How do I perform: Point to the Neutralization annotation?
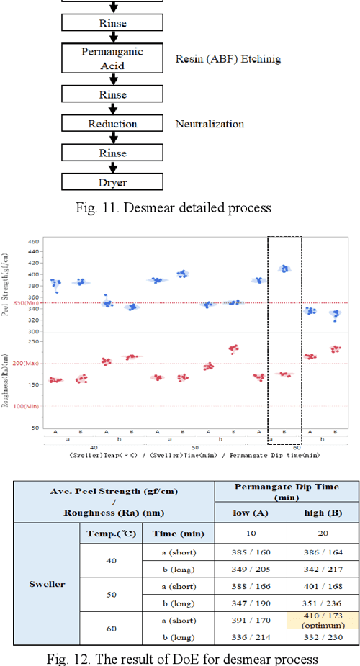coord(210,124)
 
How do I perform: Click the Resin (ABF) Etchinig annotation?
coord(228,58)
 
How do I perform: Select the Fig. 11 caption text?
coord(172,209)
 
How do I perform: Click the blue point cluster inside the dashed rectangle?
coord(285,269)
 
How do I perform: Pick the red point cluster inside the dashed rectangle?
coord(285,374)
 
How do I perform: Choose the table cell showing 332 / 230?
coord(322,636)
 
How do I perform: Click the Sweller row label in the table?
coord(46,584)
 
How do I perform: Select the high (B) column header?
coord(322,511)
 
